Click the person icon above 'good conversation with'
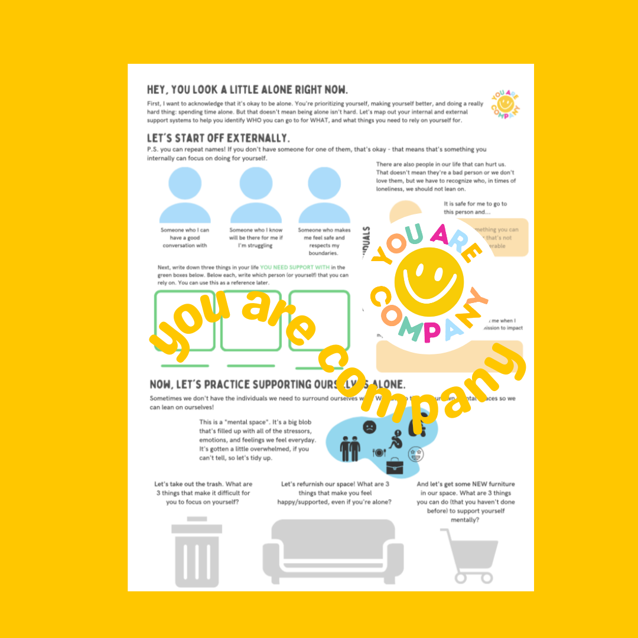[184, 194]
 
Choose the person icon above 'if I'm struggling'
[255, 194]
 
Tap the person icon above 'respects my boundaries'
[324, 194]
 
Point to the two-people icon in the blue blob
[350, 448]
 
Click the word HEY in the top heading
[158, 90]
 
